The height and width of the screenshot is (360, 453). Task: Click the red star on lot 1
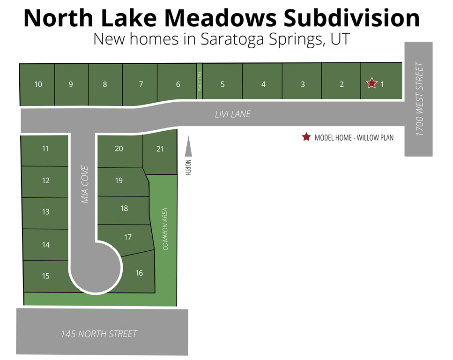pos(372,83)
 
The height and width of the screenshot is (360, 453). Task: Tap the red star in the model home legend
pos(306,137)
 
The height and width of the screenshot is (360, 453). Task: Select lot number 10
pos(38,84)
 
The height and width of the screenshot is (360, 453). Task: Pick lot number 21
pos(160,149)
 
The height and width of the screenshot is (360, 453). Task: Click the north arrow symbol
pos(188,146)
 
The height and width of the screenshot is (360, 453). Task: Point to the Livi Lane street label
pos(233,114)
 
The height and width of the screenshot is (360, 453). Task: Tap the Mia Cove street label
pos(85,184)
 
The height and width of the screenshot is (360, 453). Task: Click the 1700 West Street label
pos(420,99)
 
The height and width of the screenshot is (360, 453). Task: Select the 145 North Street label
pos(99,334)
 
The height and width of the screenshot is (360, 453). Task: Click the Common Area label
pos(165,229)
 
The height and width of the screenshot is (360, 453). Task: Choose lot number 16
pos(139,273)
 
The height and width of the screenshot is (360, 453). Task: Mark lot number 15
pos(45,276)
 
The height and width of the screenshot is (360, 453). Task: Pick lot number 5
pos(223,84)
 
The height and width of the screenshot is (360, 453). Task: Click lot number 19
pos(119,180)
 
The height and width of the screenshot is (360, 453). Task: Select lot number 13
pos(45,212)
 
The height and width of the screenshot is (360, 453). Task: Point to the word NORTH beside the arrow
pos(188,167)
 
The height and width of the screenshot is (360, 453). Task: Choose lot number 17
pos(128,237)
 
